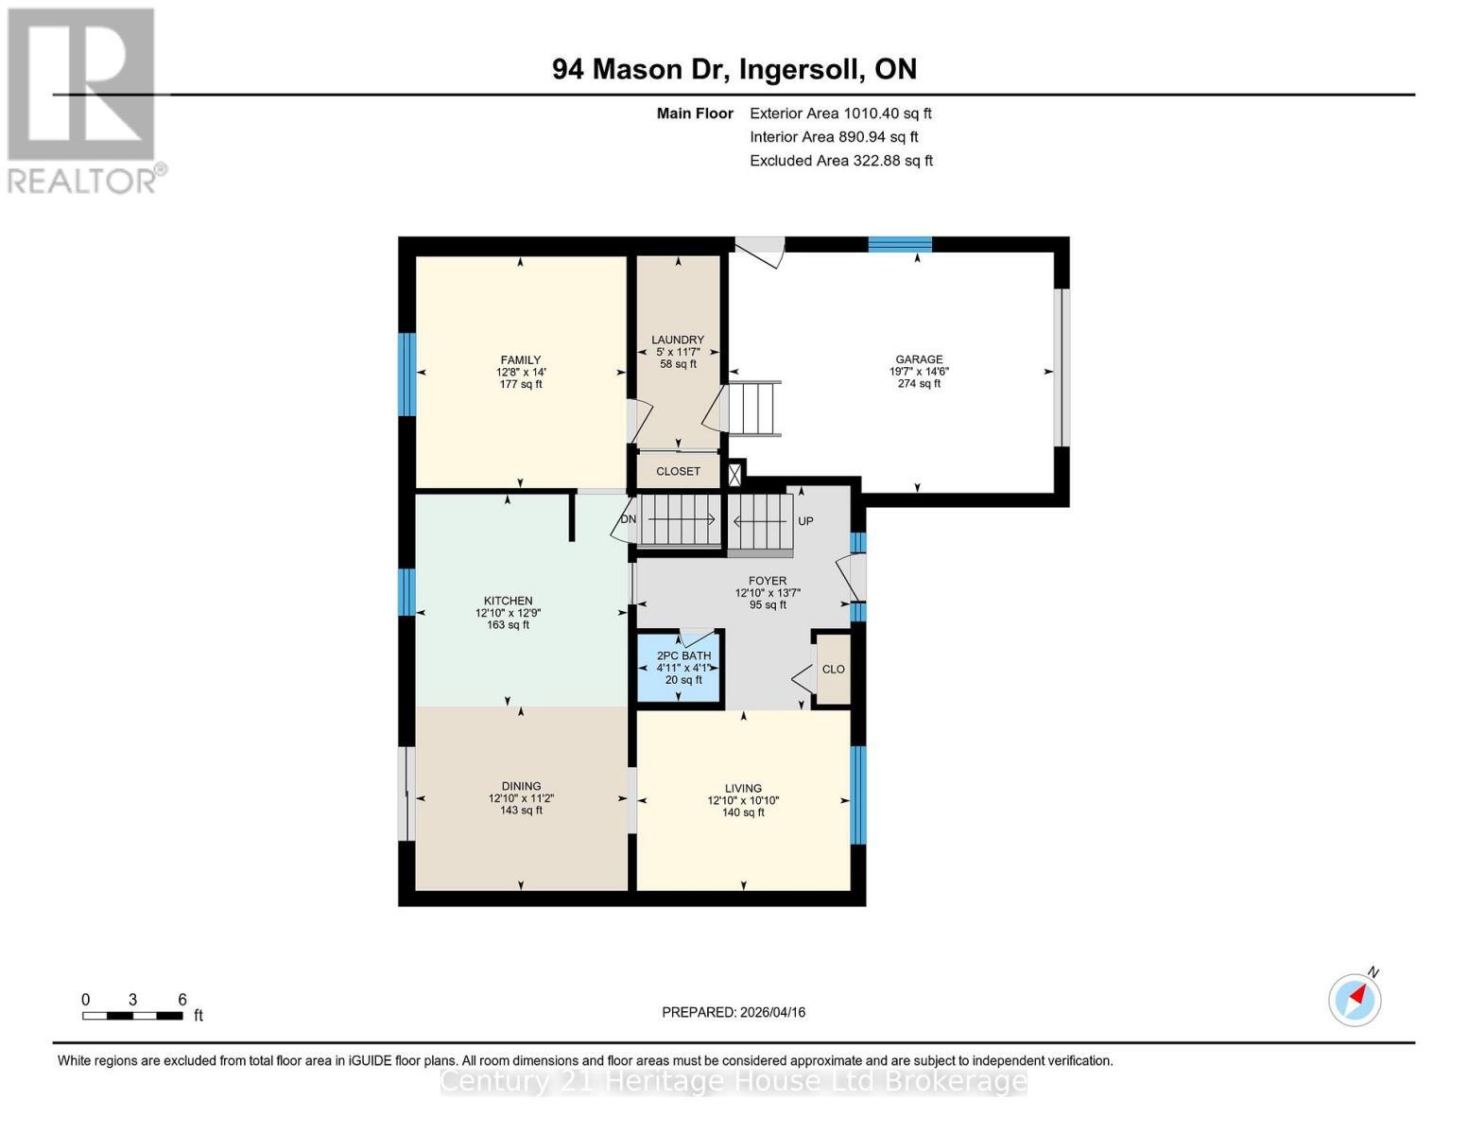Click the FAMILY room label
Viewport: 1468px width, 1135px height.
click(520, 359)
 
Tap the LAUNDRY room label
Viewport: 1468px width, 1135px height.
click(678, 340)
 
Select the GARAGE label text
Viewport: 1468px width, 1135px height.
click(919, 359)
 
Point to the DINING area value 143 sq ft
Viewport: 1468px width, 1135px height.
click(521, 811)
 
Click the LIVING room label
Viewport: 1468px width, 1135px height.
click(743, 788)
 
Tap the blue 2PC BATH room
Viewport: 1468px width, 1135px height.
click(680, 668)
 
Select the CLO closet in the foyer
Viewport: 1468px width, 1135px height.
click(833, 670)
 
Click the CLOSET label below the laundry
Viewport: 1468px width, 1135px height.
click(678, 471)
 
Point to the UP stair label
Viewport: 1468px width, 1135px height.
click(805, 521)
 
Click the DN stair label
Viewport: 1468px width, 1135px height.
click(629, 519)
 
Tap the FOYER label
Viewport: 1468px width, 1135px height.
click(767, 581)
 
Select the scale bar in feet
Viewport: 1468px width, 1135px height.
click(132, 1016)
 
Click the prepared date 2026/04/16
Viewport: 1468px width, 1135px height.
click(734, 1012)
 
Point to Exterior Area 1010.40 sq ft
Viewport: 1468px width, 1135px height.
click(840, 113)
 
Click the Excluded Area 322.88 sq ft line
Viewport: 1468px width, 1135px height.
click(840, 161)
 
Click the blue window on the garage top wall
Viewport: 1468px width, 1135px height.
click(900, 244)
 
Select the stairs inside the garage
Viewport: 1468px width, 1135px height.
click(751, 409)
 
